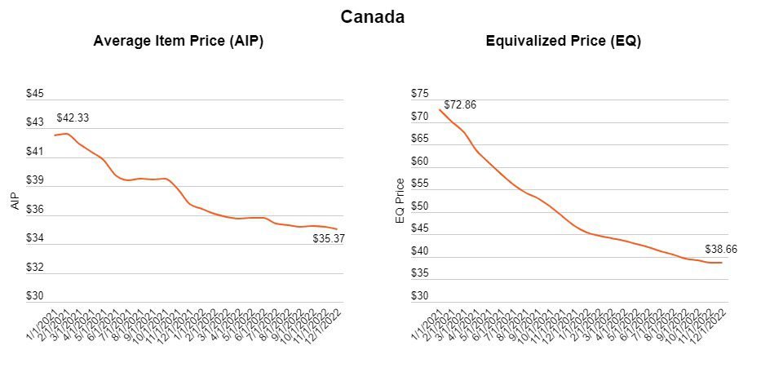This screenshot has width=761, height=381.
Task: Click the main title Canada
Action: click(x=373, y=16)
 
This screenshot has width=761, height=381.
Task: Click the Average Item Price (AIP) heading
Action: click(x=178, y=41)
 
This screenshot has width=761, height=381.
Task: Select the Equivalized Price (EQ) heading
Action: click(x=563, y=41)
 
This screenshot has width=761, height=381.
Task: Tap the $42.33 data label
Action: click(x=73, y=118)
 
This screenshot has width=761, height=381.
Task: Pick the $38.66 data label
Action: click(x=721, y=250)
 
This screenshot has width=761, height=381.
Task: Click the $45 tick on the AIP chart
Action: click(x=36, y=94)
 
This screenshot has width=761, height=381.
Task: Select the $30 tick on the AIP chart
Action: click(x=36, y=296)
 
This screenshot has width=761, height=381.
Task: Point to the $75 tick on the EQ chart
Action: click(x=418, y=94)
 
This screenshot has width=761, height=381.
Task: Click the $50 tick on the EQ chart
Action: click(x=418, y=206)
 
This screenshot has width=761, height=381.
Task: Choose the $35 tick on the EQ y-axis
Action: click(x=418, y=274)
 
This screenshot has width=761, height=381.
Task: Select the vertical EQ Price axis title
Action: click(x=400, y=202)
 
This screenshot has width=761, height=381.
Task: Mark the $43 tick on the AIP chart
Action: click(x=36, y=122)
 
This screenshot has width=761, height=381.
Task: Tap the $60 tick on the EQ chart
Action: click(x=418, y=162)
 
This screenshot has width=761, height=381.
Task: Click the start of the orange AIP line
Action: click(x=55, y=135)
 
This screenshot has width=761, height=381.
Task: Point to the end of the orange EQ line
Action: click(x=722, y=263)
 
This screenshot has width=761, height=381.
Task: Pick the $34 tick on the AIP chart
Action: click(x=36, y=238)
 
